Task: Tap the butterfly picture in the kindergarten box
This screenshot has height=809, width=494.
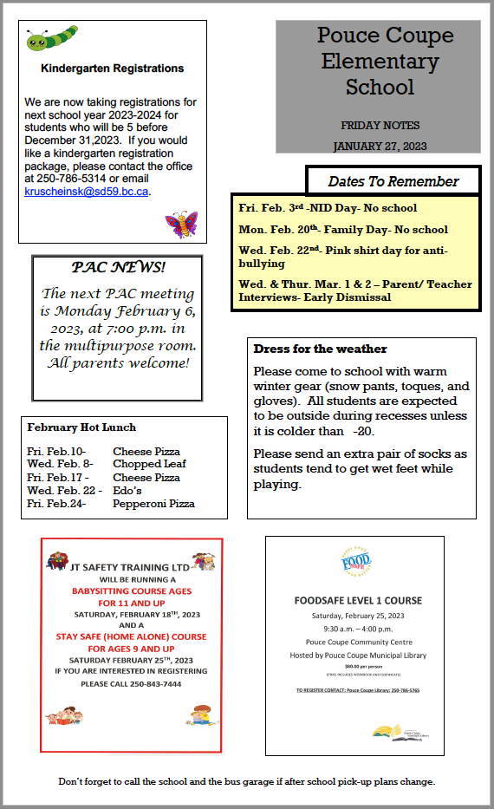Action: point(181,225)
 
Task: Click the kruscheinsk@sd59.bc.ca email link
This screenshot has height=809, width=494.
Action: point(87,191)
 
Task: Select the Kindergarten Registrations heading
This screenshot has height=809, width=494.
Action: point(113,69)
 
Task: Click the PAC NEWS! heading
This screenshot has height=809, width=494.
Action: point(118,268)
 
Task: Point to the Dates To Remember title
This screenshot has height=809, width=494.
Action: point(393,181)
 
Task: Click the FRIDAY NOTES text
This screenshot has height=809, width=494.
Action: point(380,126)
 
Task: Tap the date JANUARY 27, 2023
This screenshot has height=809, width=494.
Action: point(380,146)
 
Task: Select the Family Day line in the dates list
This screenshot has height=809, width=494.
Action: point(343,230)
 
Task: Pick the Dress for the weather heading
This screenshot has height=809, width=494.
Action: point(320,349)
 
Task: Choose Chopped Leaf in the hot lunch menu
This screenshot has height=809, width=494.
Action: point(149,464)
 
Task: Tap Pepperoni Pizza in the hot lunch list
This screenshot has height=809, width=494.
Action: point(153,504)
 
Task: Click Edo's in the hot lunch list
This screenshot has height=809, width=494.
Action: point(127,491)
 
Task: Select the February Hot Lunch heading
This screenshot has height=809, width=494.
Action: point(81,427)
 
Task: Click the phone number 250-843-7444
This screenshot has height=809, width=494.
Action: point(131,684)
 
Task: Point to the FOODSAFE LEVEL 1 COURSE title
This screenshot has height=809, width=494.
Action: point(358,600)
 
